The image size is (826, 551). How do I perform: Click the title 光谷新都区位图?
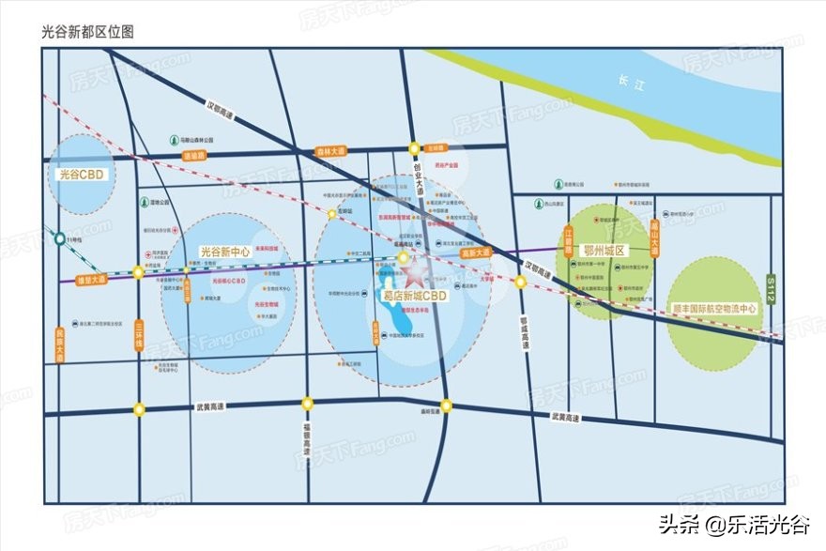pyautogui.click(x=88, y=31)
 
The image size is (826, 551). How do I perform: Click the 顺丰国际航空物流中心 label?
pyautogui.click(x=712, y=308)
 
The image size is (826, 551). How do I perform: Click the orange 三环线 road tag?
pyautogui.click(x=138, y=333)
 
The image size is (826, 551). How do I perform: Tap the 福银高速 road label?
pyautogui.click(x=307, y=438)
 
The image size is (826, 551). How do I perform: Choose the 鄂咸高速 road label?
pyautogui.click(x=525, y=332)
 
